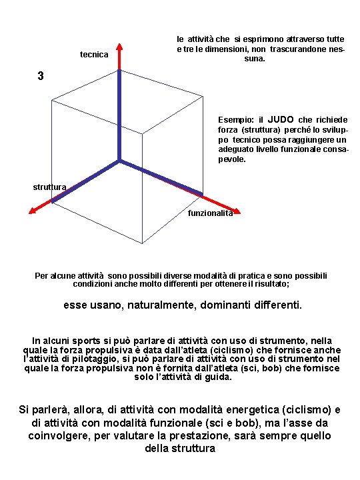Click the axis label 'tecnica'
click(94, 54)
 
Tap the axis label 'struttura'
click(49, 187)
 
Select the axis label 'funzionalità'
click(211, 213)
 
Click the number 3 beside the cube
click(41, 76)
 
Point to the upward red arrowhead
click(120, 48)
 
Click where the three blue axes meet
click(120, 160)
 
